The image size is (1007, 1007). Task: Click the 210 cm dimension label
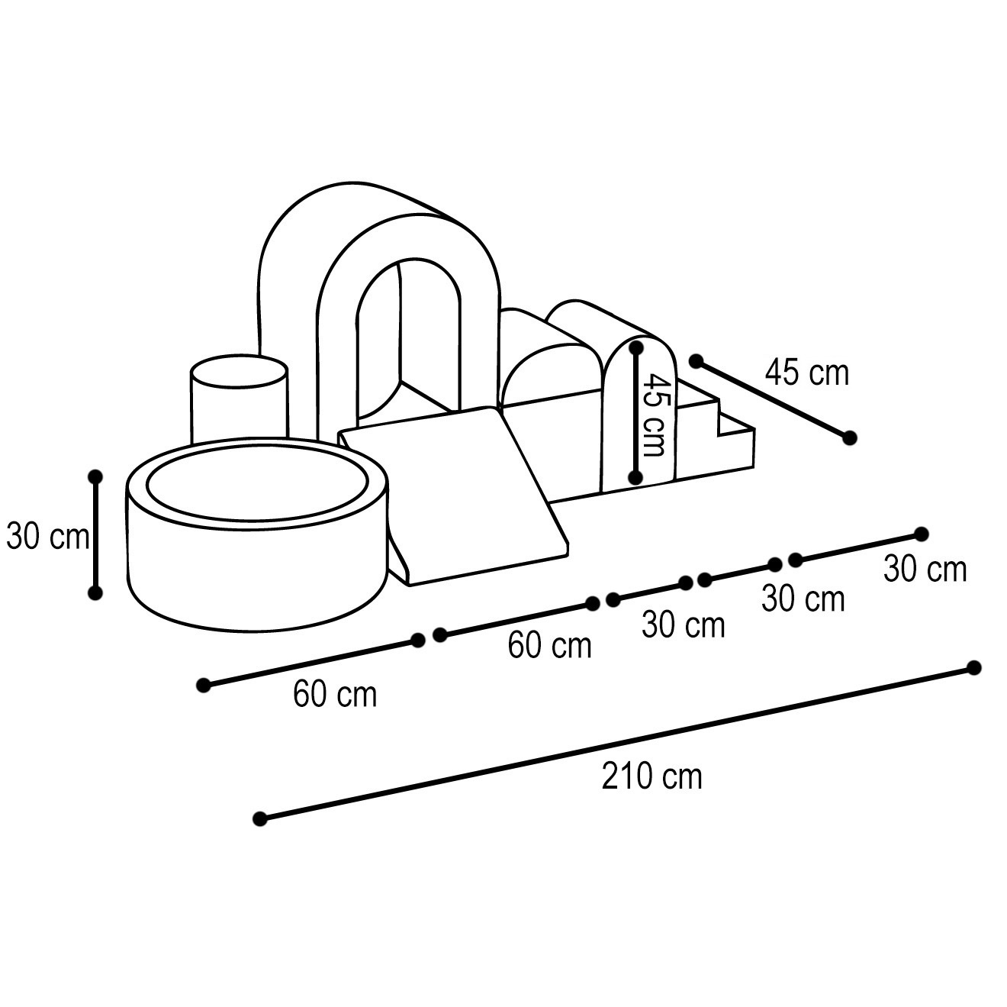point(651,777)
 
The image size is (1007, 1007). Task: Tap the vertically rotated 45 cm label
point(654,415)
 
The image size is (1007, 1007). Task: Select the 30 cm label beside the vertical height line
point(47,536)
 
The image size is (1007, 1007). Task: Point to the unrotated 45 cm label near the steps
point(807,373)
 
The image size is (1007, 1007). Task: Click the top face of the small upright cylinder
point(239,371)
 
